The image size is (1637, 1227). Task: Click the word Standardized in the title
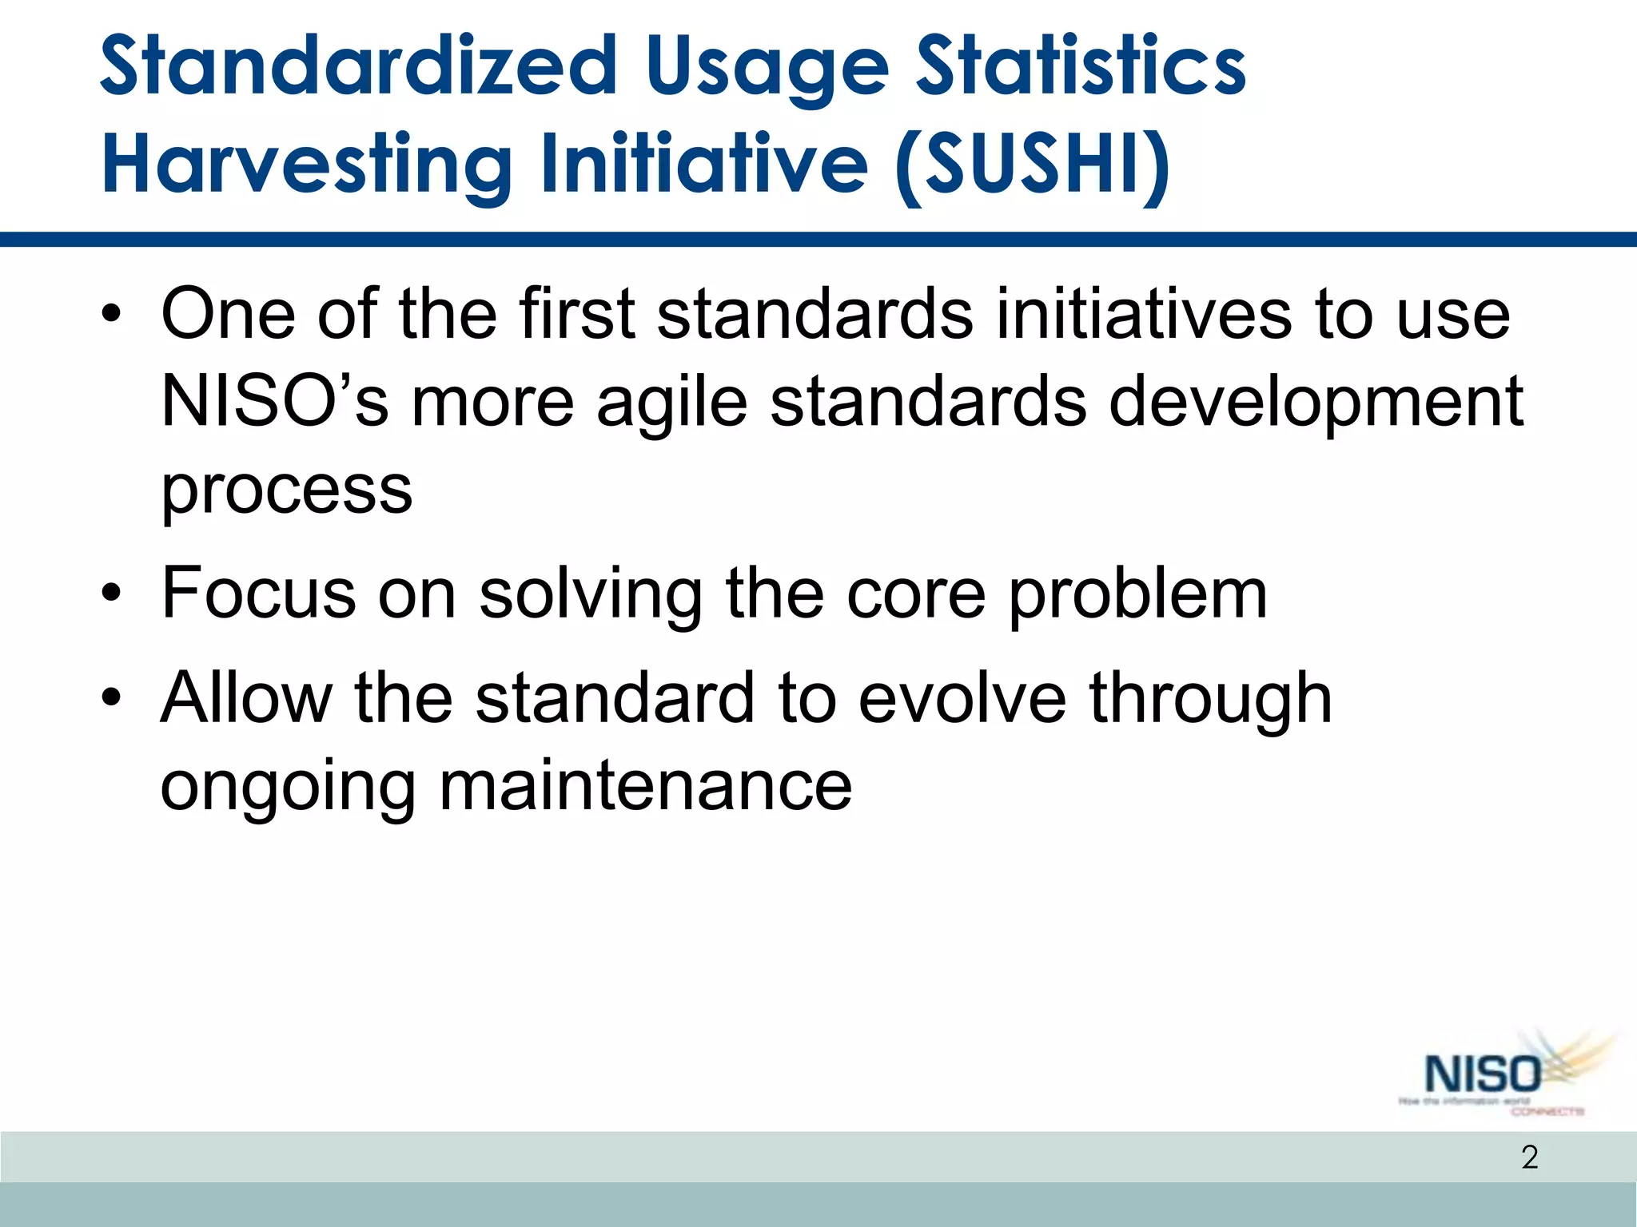pyautogui.click(x=359, y=66)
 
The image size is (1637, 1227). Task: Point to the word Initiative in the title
pyautogui.click(x=703, y=164)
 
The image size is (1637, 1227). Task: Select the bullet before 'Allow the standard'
pyautogui.click(x=111, y=698)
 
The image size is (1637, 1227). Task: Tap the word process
pyautogui.click(x=286, y=490)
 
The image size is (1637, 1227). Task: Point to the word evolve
pyautogui.click(x=962, y=698)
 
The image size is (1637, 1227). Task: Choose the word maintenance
pyautogui.click(x=645, y=785)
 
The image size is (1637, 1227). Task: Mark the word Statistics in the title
pyautogui.click(x=1080, y=66)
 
